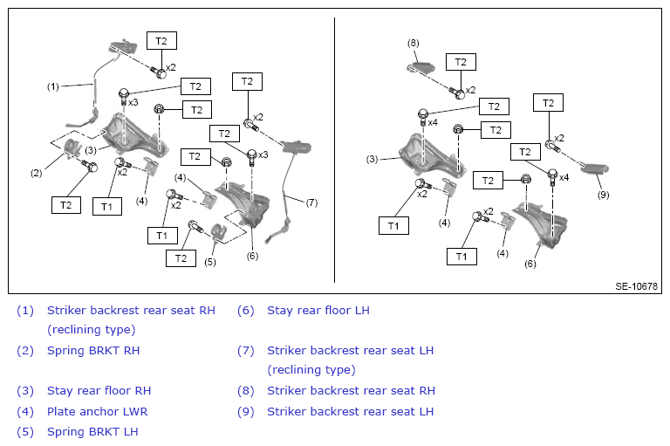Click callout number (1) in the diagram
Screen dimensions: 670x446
[52, 86]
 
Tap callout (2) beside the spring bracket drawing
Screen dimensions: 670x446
[37, 173]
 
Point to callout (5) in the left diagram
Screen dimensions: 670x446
[209, 262]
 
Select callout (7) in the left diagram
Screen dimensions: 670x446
[312, 202]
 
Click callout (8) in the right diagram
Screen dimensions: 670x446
[414, 43]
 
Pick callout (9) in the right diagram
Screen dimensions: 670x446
[603, 195]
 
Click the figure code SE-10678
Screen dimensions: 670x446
[636, 286]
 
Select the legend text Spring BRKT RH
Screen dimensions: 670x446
[93, 351]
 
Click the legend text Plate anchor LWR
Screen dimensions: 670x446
[98, 411]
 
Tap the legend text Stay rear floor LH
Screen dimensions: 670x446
[318, 311]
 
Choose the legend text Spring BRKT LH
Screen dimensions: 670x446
[92, 431]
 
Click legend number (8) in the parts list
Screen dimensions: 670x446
[246, 391]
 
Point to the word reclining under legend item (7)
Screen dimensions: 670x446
[299, 369]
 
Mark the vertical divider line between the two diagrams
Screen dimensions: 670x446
[334, 150]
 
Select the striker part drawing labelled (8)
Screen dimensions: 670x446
[421, 67]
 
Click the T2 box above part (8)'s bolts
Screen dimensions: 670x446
[461, 62]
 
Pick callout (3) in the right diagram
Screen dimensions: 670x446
[373, 160]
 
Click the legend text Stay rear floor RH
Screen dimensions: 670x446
[99, 391]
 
